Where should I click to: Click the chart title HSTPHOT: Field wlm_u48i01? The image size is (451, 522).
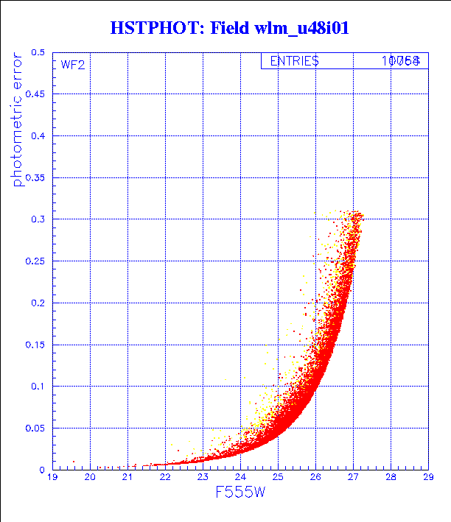pyautogui.click(x=228, y=28)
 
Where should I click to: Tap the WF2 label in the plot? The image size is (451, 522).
pyautogui.click(x=73, y=65)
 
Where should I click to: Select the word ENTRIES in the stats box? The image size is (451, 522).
pyautogui.click(x=294, y=61)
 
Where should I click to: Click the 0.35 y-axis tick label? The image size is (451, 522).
pyautogui.click(x=35, y=178)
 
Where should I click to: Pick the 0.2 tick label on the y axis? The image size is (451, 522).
pyautogui.click(x=37, y=303)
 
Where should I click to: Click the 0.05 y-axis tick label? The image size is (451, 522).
pyautogui.click(x=35, y=428)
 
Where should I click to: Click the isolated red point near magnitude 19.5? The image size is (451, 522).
pyautogui.click(x=73, y=462)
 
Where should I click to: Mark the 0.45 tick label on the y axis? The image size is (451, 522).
pyautogui.click(x=35, y=95)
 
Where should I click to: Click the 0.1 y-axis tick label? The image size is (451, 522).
pyautogui.click(x=37, y=386)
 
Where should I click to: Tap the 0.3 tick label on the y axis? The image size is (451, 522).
pyautogui.click(x=37, y=219)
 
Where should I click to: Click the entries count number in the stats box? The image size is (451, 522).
pyautogui.click(x=401, y=61)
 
